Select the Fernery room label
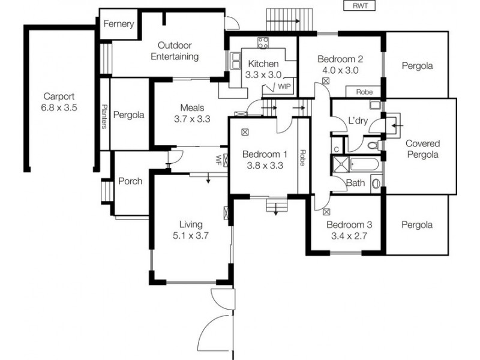click(118, 25)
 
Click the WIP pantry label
click(283, 87)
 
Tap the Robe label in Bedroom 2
click(363, 92)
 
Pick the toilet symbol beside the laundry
click(373, 145)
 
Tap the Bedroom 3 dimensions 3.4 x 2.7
click(349, 236)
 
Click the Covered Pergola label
click(422, 149)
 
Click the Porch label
click(130, 181)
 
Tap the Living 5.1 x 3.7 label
click(190, 230)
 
